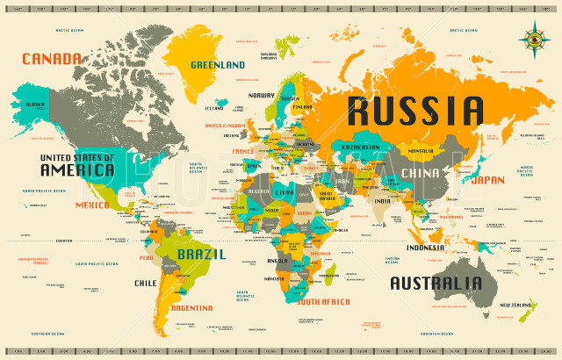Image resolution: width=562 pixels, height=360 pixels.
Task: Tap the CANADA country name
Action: point(51,59)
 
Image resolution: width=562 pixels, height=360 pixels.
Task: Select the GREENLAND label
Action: point(218,65)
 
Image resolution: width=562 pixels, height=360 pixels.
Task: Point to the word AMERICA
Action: point(76,169)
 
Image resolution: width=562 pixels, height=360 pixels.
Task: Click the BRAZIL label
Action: point(201,254)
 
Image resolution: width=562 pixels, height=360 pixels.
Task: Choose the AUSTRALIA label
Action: point(436,284)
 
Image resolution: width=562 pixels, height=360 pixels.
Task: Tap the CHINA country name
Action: point(420,173)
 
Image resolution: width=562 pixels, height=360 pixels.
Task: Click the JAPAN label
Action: point(487,180)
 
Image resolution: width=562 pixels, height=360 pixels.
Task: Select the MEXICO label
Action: point(92,205)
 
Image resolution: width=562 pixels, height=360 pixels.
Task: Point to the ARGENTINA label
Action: point(191,308)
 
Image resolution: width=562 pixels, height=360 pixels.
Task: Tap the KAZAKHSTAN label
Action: point(360,147)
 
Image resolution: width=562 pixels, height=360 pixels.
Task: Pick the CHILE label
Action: point(146,284)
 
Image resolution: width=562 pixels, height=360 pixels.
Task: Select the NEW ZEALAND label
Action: point(517,305)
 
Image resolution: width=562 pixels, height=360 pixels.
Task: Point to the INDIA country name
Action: point(381,201)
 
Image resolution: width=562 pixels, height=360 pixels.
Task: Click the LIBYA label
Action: point(285,191)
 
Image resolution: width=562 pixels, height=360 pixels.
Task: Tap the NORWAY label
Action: point(261,95)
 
